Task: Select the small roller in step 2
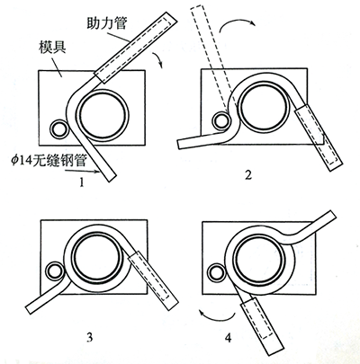tap(221, 119)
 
